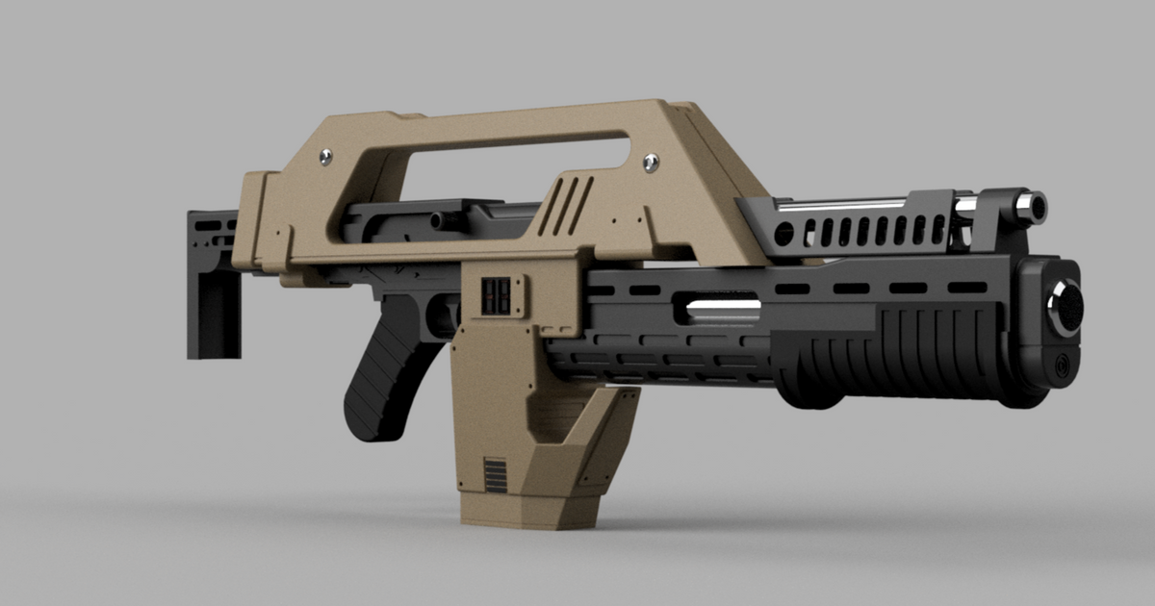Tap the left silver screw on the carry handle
pyautogui.click(x=327, y=154)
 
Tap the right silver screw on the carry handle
pyautogui.click(x=651, y=160)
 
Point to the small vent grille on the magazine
pyautogui.click(x=495, y=475)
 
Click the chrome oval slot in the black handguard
pyautogui.click(x=722, y=311)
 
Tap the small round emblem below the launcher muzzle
pyautogui.click(x=1062, y=366)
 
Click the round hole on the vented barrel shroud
pyautogui.click(x=785, y=233)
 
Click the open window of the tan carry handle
pyautogui.click(x=500, y=169)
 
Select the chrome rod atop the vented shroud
pyautogui.click(x=847, y=204)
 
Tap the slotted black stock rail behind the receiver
pyautogui.click(x=212, y=231)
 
